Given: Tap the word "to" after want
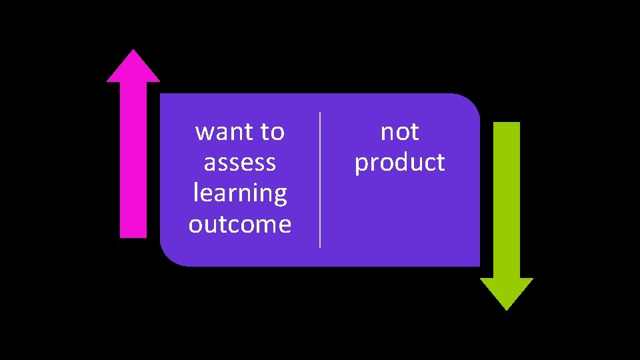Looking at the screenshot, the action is (x=272, y=132).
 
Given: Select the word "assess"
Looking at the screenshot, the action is (x=240, y=163).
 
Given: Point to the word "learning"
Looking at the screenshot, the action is (x=240, y=193).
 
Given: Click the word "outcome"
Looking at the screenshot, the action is (x=240, y=225).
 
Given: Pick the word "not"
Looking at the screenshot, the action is (x=400, y=132).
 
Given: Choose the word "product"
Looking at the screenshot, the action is (x=400, y=163).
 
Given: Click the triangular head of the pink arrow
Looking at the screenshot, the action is (x=133, y=67).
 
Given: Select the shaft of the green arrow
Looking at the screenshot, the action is (x=507, y=200).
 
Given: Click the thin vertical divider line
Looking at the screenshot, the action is (x=321, y=180).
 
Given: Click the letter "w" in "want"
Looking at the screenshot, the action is (x=203, y=133).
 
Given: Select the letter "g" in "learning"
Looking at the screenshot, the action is (x=280, y=196).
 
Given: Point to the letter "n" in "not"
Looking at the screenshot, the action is (x=387, y=133).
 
